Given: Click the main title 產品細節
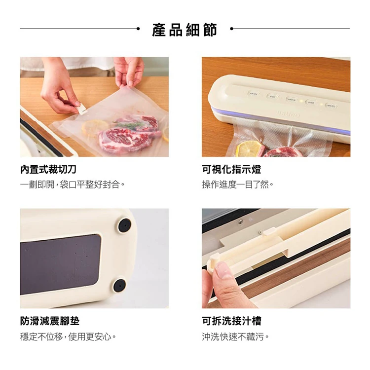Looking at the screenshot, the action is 185,30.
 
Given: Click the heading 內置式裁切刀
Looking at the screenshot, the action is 48,169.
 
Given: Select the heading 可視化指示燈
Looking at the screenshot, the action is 231,169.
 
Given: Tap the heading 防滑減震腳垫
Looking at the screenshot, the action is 50,321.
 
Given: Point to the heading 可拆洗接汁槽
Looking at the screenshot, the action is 231,321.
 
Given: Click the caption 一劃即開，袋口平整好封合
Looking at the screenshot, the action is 73,185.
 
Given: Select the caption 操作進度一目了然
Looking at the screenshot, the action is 238,185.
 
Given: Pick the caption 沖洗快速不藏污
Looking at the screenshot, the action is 235,336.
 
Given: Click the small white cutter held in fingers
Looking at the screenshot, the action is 81,109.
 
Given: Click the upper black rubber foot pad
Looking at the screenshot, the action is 124,225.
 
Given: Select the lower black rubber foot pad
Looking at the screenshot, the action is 120,285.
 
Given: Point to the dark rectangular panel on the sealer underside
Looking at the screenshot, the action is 60,264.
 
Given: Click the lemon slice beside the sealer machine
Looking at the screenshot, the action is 250,148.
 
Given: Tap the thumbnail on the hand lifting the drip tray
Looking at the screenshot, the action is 223,270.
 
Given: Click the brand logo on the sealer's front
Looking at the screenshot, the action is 288,114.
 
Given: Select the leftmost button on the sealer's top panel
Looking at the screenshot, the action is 253,94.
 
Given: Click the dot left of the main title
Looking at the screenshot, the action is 138,29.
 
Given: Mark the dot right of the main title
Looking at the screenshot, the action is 231,29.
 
